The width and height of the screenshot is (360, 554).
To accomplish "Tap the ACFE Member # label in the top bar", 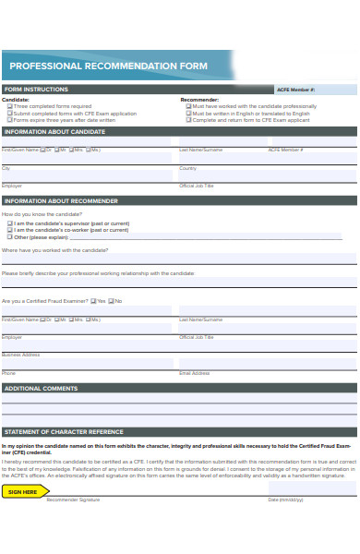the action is click(295, 90).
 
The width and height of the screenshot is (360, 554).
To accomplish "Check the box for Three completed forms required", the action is click(9, 106).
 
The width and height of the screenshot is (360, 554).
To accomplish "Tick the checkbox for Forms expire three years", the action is click(9, 120).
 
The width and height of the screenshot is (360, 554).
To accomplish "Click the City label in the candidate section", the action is click(6, 168).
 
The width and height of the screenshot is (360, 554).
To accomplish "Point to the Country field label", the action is click(187, 168).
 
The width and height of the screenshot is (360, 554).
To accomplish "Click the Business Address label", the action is click(20, 355).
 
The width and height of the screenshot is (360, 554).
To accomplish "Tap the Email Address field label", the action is click(194, 372).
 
